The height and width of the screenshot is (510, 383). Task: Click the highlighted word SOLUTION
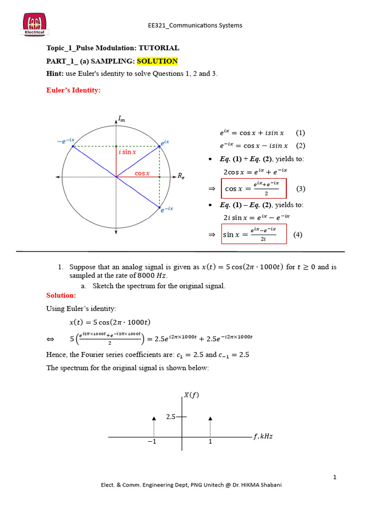pos(157,61)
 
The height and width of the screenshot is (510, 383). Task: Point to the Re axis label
pos(181,176)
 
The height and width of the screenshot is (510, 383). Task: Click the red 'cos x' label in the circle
pos(143,173)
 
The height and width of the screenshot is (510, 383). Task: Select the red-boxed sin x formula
pos(254,234)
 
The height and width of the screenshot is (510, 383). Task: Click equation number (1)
pos(300,133)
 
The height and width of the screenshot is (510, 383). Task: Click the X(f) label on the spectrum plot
pos(192,395)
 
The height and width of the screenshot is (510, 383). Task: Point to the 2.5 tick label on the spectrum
pos(171,416)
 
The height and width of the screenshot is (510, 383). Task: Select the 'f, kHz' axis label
pos(263,437)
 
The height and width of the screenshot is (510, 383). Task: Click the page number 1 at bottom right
pos(335,477)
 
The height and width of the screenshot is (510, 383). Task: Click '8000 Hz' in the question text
pos(153,276)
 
